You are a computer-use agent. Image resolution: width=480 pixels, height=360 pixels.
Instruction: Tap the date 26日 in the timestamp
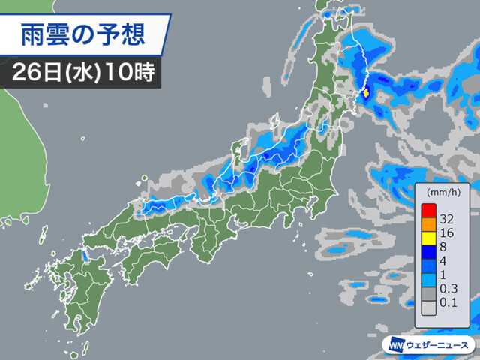(35, 73)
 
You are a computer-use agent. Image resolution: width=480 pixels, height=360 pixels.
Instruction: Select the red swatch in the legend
(428, 211)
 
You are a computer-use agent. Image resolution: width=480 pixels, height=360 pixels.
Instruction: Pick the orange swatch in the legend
(428, 224)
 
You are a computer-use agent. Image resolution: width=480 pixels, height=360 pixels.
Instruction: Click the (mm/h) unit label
(443, 193)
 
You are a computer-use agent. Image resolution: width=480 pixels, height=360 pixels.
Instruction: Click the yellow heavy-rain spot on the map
(367, 94)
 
